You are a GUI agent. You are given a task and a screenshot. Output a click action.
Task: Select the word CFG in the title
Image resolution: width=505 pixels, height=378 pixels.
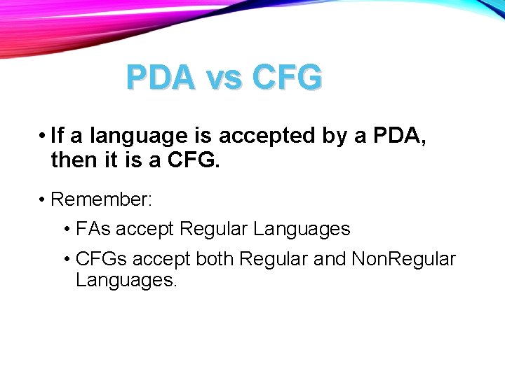click(x=284, y=78)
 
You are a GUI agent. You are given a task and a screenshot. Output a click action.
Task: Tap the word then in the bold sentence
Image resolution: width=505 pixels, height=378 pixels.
click(x=73, y=162)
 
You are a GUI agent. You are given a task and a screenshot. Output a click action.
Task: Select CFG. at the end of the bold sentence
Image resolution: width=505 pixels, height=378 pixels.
click(x=194, y=162)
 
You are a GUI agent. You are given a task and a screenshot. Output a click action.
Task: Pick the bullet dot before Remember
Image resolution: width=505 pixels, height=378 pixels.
click(x=43, y=200)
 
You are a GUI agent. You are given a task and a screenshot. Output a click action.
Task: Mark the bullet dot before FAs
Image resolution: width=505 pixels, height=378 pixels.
click(x=66, y=230)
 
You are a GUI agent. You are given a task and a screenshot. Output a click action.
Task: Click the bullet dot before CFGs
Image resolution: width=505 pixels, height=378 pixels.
click(x=66, y=260)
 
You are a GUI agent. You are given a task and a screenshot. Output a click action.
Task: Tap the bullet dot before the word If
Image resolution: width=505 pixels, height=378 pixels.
click(x=43, y=136)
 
